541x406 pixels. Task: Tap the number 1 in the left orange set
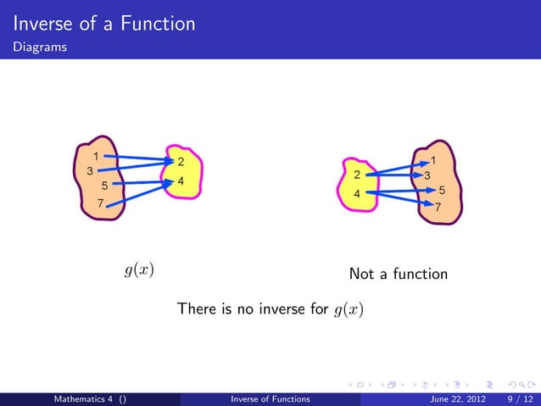(96, 156)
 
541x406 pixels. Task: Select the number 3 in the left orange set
(89, 170)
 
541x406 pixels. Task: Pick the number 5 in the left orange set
(103, 186)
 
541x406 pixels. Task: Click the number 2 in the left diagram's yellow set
(181, 162)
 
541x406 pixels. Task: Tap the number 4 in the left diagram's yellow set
(181, 181)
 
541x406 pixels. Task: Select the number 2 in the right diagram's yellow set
(357, 175)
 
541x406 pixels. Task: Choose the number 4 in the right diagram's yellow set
(357, 194)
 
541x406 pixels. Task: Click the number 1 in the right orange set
(433, 160)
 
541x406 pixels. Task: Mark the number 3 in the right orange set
(427, 175)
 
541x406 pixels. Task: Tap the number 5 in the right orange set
(442, 191)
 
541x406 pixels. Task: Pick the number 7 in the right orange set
(438, 206)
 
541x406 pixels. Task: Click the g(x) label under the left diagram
(139, 270)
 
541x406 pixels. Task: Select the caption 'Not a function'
(398, 275)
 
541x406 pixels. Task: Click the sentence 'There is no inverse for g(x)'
(270, 309)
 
